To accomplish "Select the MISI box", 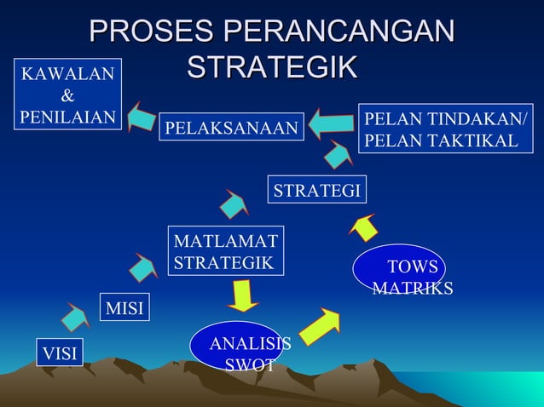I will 124,307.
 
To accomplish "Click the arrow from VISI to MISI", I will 75,317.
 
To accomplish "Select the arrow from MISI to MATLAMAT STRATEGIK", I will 143,267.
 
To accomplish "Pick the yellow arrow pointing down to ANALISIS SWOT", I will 243,297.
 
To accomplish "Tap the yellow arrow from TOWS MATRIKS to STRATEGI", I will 364,226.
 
